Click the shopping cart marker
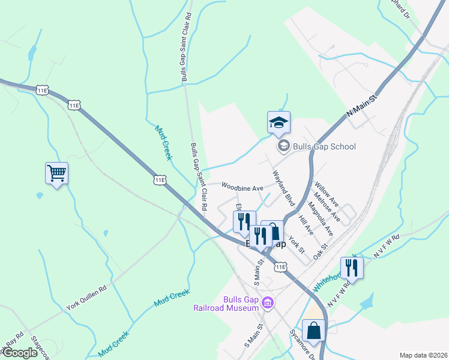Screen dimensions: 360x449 click(56, 174)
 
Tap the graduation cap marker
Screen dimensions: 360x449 click(279, 123)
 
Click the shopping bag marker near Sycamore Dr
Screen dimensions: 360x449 click(313, 330)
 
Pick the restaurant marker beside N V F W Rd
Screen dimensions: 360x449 click(351, 268)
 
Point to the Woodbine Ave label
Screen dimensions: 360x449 click(243, 187)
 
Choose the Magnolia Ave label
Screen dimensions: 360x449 click(320, 220)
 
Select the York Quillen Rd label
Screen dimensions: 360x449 click(86, 297)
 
